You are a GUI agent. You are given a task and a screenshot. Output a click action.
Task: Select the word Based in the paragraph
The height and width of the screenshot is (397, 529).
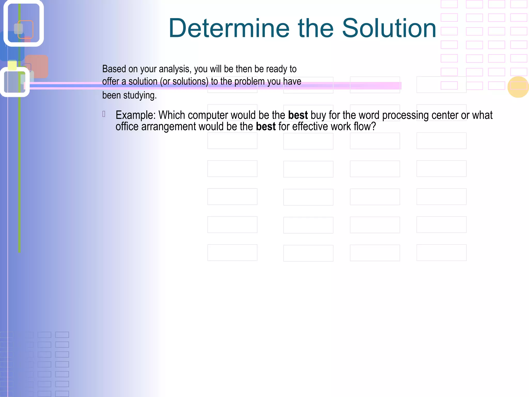(x=114, y=69)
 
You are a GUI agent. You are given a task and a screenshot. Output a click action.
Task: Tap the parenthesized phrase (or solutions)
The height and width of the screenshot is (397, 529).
(x=184, y=82)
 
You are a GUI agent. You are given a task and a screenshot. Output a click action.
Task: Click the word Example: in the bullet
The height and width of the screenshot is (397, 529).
(x=136, y=115)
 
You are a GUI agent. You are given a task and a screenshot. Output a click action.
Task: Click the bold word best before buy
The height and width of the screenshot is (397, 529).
(x=298, y=115)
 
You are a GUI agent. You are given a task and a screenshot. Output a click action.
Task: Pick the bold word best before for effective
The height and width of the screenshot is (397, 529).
(x=266, y=127)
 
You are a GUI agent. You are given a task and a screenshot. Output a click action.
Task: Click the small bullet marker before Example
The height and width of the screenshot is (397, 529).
(x=104, y=114)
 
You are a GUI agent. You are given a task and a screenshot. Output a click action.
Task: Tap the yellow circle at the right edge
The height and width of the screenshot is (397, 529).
(x=518, y=87)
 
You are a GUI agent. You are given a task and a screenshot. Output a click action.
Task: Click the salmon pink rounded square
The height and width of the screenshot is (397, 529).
(x=37, y=66)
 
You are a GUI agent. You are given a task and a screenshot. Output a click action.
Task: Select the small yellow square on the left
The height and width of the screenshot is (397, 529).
(x=12, y=65)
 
